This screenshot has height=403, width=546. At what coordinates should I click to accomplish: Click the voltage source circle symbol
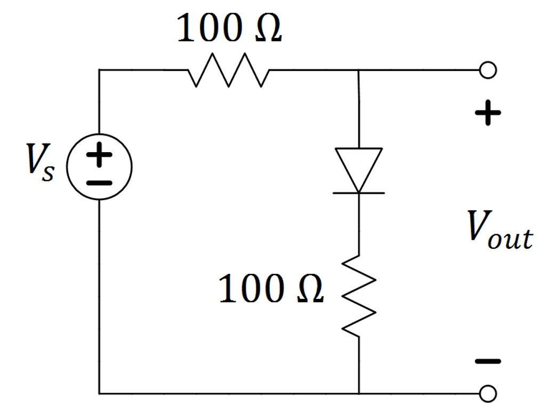pyautogui.click(x=99, y=167)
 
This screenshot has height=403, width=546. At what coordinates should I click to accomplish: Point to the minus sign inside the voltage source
pyautogui.click(x=99, y=182)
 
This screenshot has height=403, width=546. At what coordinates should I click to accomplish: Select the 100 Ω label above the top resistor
pyautogui.click(x=229, y=30)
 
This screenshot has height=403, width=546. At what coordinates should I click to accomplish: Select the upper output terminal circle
pyautogui.click(x=488, y=70)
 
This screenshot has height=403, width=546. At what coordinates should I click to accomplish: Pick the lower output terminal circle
pyautogui.click(x=488, y=393)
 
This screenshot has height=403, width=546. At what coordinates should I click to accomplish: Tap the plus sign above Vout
pyautogui.click(x=488, y=113)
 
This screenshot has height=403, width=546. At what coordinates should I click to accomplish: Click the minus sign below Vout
pyautogui.click(x=488, y=361)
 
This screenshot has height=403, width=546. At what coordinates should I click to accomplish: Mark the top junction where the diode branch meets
pyautogui.click(x=359, y=70)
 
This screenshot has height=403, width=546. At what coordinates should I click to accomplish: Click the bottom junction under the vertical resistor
pyautogui.click(x=359, y=393)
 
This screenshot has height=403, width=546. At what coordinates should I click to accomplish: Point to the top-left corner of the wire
pyautogui.click(x=100, y=70)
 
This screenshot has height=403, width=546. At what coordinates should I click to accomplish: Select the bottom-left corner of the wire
pyautogui.click(x=100, y=393)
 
